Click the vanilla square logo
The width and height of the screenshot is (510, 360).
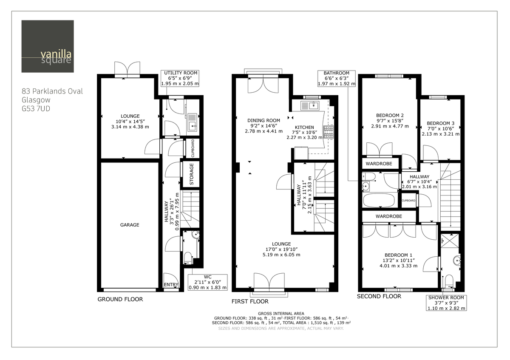click(x=48, y=46)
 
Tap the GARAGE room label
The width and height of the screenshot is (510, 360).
click(x=130, y=225)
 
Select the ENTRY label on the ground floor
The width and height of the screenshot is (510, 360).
click(x=171, y=285)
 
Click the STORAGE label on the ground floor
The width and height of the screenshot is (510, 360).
click(x=191, y=174)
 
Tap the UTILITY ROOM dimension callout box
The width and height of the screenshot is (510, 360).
click(x=180, y=79)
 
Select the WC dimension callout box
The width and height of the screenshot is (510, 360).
click(x=207, y=282)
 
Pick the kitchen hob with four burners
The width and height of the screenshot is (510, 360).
click(x=329, y=132)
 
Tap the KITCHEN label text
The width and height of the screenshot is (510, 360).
click(x=305, y=127)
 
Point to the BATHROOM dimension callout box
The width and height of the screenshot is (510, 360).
click(x=336, y=79)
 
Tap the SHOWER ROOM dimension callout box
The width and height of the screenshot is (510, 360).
click(x=446, y=303)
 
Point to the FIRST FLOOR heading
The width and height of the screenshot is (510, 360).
click(x=250, y=301)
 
